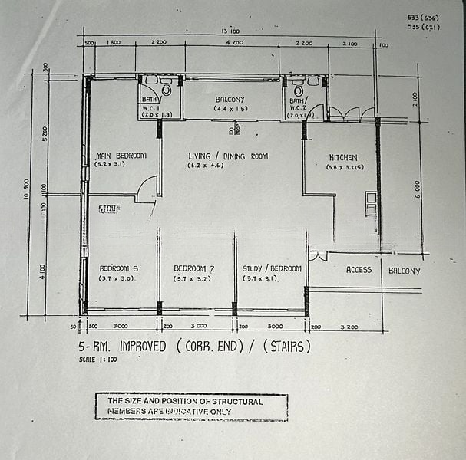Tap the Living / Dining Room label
pos(228,156)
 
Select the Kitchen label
pos(342,157)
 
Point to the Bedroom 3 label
pos(118,268)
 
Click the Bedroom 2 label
pos(193,268)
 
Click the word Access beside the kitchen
pos(359,270)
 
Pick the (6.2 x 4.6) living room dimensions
pos(228,166)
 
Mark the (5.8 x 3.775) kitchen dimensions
pos(345,167)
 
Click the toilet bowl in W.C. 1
pos(166,90)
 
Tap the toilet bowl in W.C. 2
pos(298,90)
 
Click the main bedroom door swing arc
pos(147,187)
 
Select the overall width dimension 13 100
pos(230,31)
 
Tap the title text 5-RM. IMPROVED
pos(122,347)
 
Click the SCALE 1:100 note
pos(97,360)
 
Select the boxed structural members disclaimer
pos(191,406)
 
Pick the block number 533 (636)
pos(424,17)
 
